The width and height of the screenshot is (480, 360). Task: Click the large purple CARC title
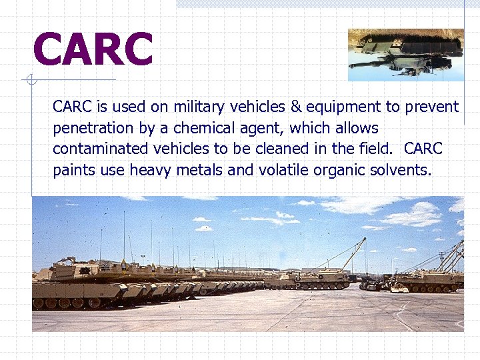pyautogui.click(x=93, y=51)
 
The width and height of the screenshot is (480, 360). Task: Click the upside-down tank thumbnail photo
pyautogui.click(x=405, y=55)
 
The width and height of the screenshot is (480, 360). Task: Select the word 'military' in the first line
pyautogui.click(x=199, y=107)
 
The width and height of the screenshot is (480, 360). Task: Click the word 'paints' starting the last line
pyautogui.click(x=74, y=170)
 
